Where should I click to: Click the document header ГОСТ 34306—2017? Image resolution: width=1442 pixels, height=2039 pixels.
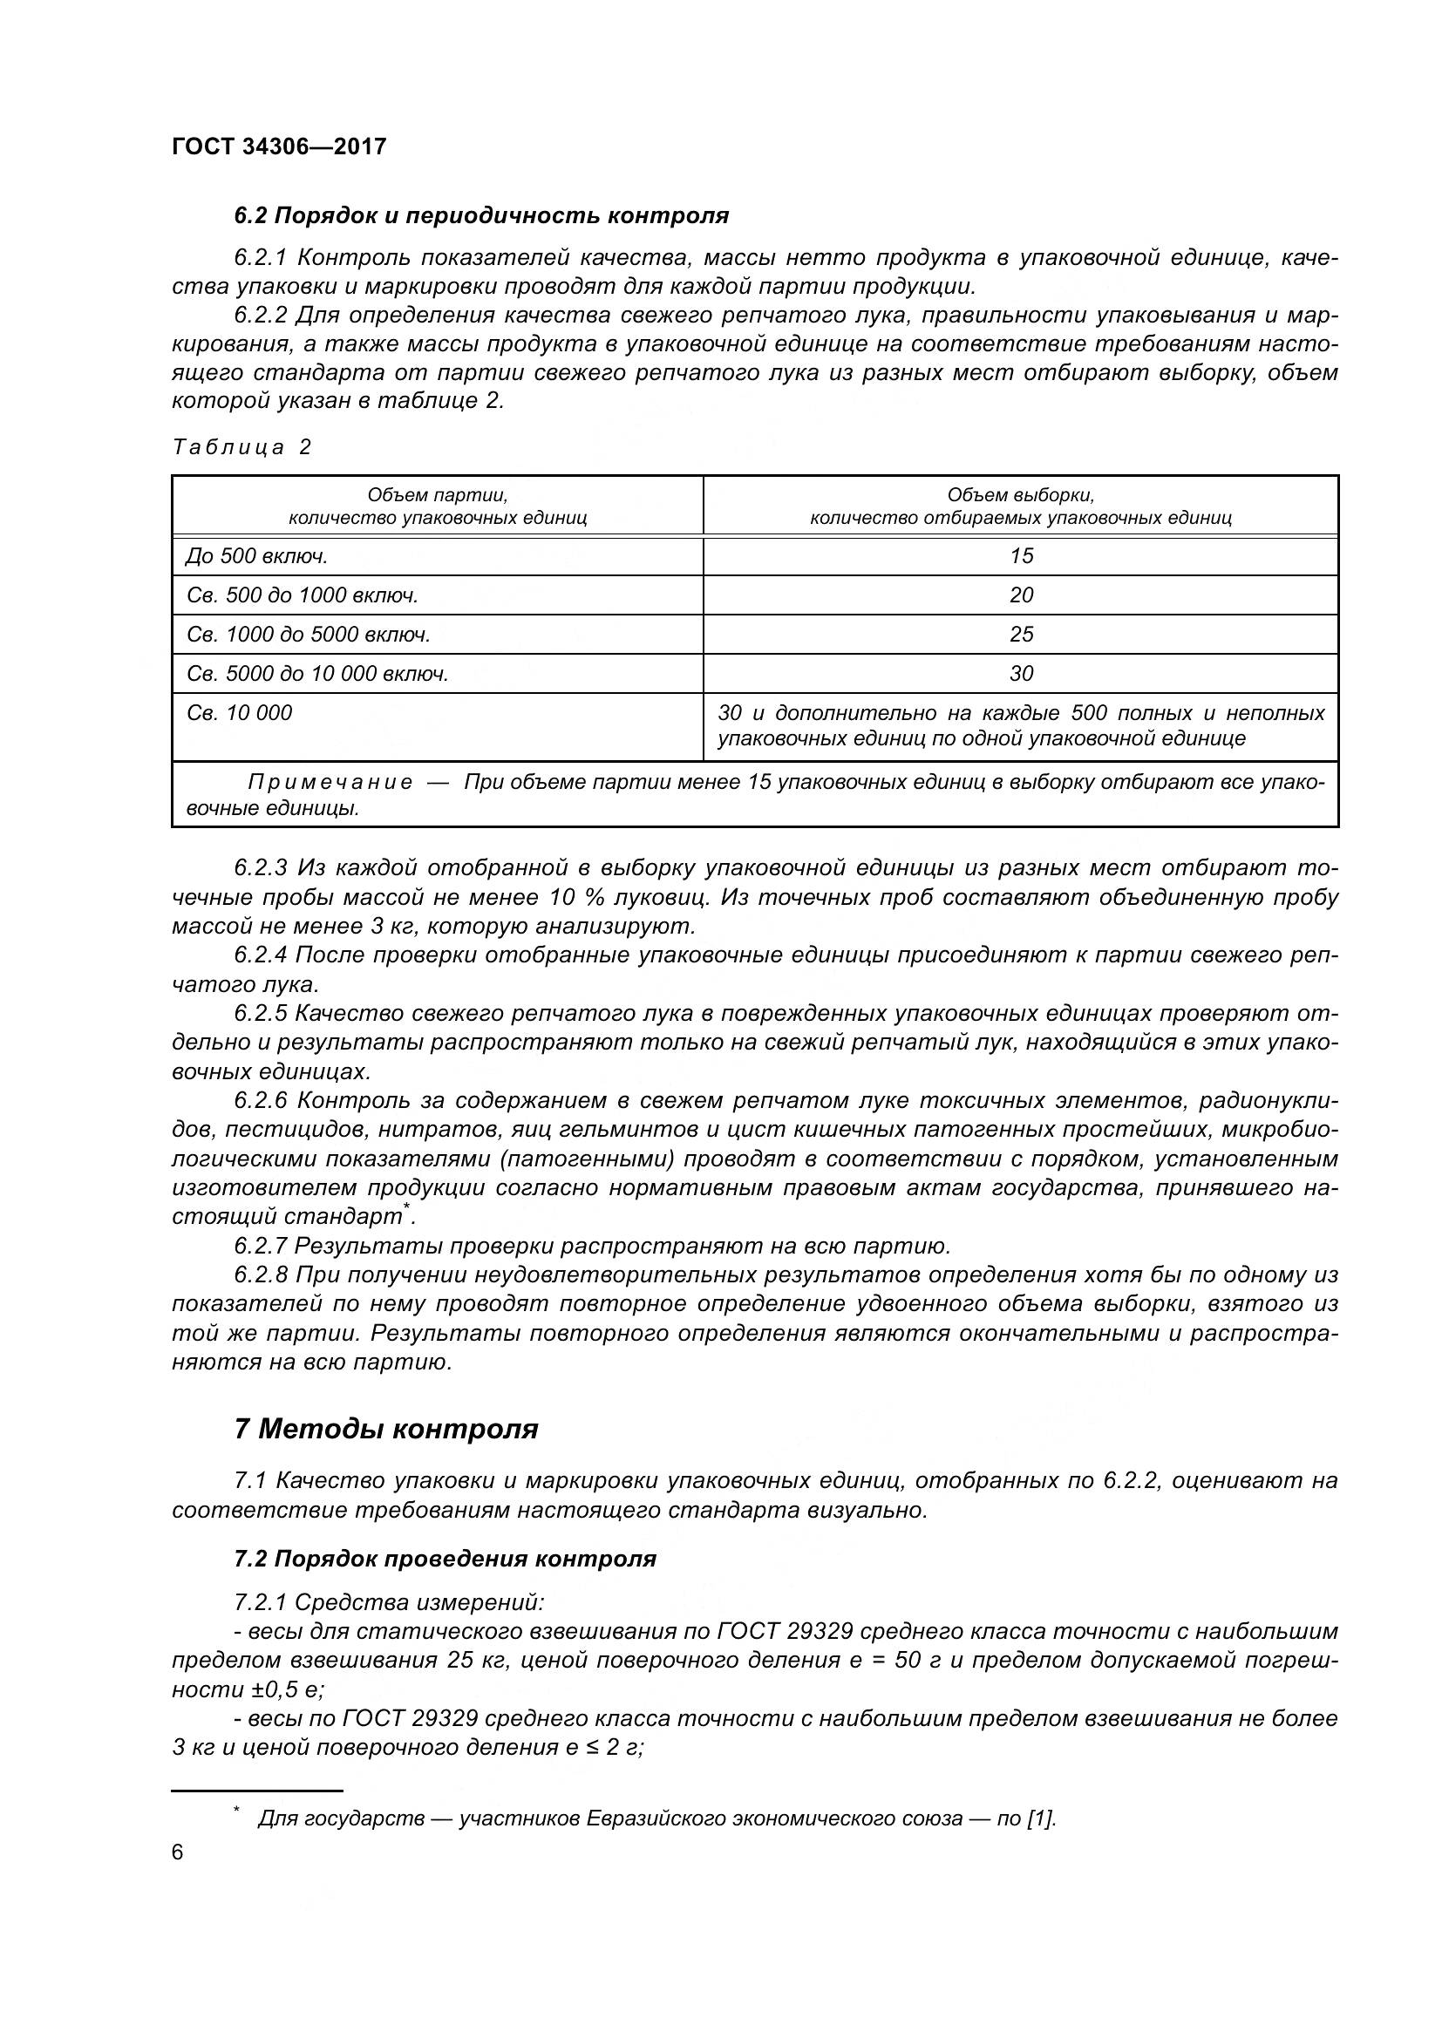(279, 146)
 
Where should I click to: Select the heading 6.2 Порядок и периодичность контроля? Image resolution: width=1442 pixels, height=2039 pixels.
(480, 215)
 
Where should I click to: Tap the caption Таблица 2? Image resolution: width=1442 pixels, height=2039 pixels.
(241, 446)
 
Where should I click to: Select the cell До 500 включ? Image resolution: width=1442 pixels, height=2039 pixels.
(256, 556)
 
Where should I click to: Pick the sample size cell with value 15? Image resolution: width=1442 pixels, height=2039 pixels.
(1021, 556)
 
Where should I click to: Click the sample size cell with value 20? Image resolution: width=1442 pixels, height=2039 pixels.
(1021, 595)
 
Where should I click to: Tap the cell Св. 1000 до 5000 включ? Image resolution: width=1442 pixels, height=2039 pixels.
(308, 634)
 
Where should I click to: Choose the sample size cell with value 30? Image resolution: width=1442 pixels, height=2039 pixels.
(1021, 673)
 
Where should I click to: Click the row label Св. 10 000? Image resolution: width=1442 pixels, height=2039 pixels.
(239, 712)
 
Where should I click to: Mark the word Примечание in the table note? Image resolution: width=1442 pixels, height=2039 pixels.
(330, 781)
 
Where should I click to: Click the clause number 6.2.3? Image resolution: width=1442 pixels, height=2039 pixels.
(261, 867)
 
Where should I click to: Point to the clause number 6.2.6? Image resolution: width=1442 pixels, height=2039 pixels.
(261, 1100)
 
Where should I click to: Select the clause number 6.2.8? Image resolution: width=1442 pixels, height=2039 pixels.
(261, 1275)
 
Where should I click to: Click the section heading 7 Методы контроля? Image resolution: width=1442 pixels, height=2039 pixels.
(385, 1429)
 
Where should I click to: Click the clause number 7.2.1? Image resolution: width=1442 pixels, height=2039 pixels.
(261, 1603)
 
